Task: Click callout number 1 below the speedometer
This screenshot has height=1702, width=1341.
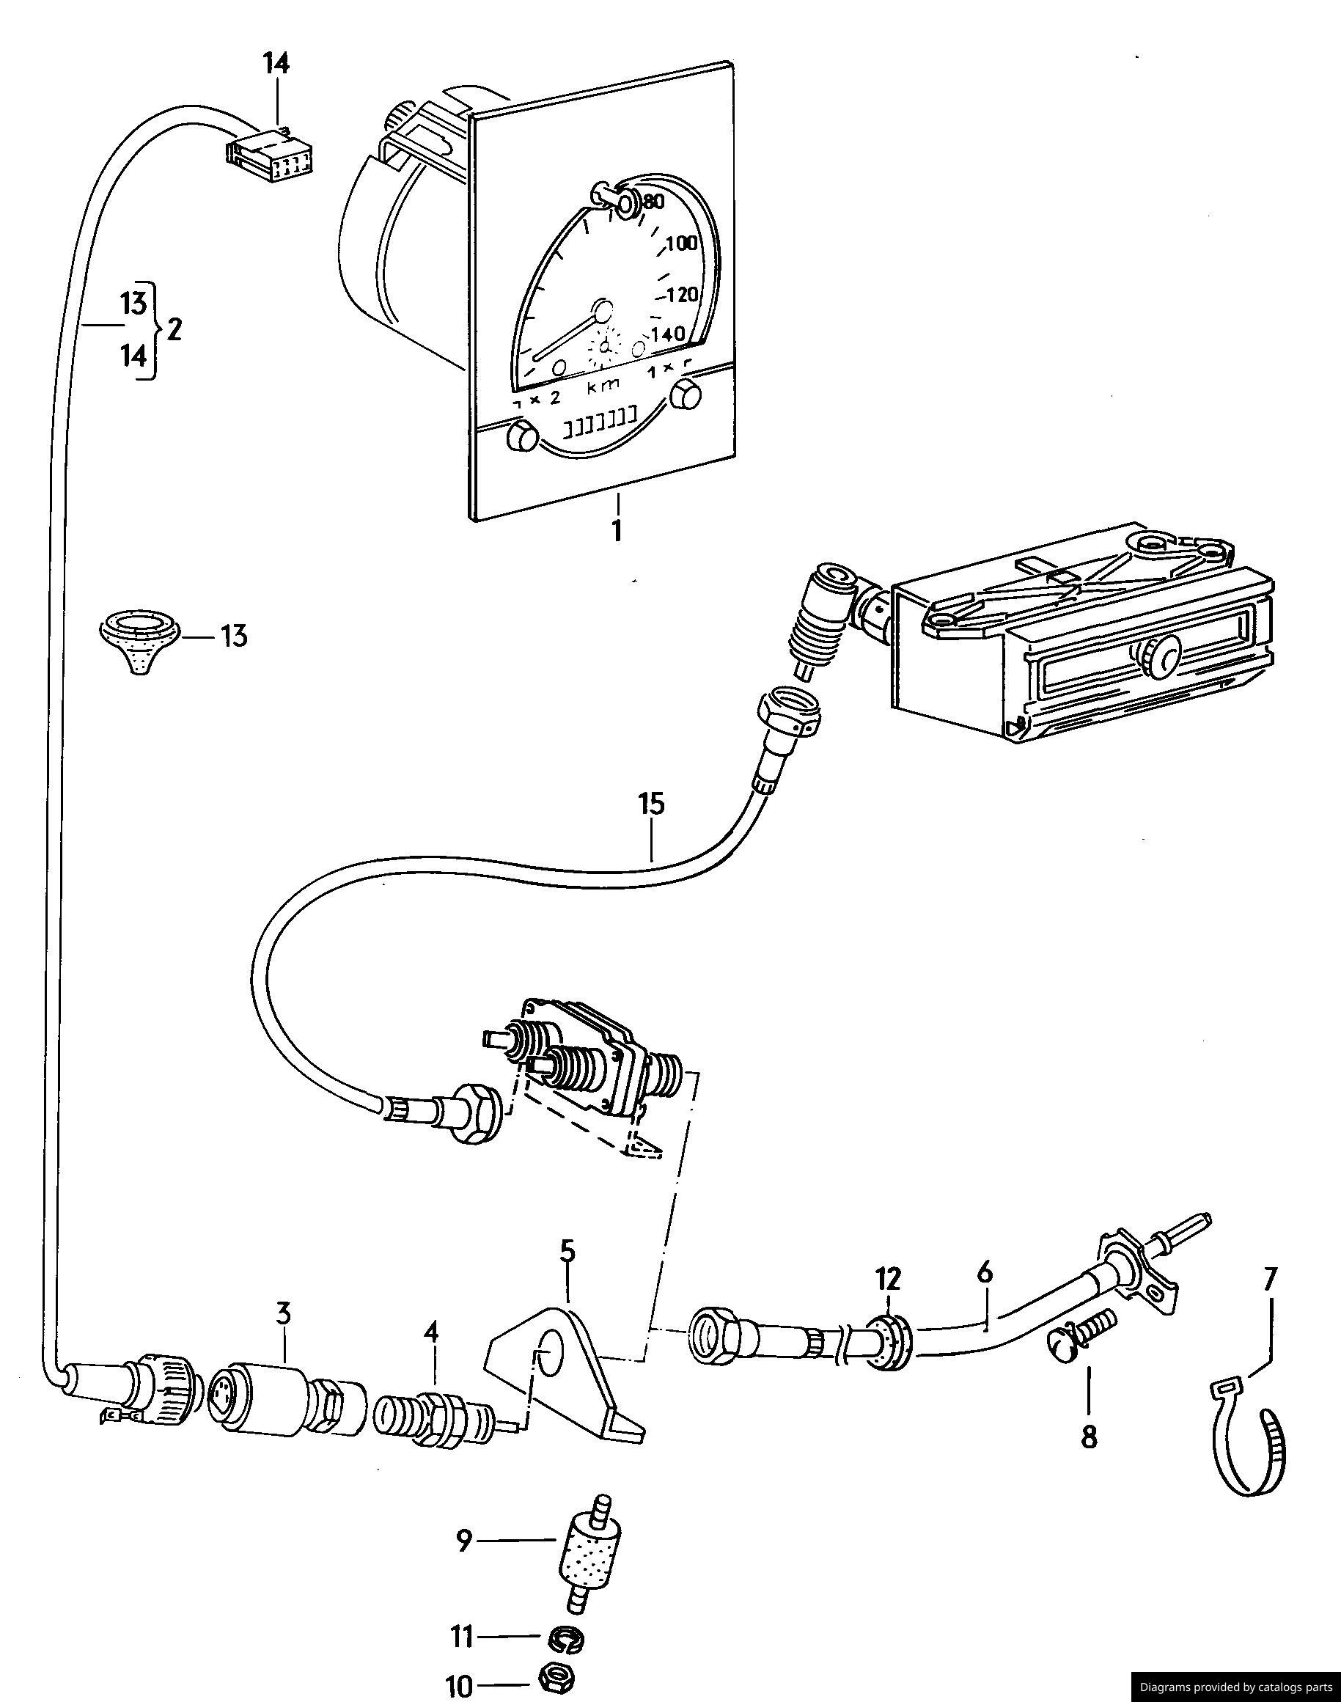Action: [x=617, y=530]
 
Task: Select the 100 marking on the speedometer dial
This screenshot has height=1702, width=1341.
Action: [x=680, y=244]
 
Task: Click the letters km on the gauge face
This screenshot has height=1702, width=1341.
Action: [x=603, y=386]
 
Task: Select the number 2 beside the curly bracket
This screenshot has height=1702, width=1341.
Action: [x=174, y=329]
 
